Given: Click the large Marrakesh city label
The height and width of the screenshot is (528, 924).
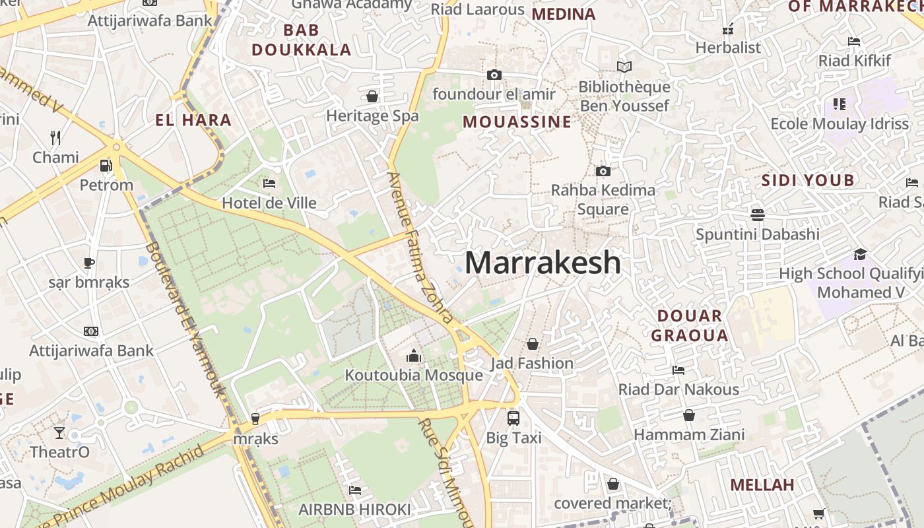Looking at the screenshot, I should pos(543,263).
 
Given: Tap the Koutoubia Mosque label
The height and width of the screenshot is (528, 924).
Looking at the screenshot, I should pos(414,376).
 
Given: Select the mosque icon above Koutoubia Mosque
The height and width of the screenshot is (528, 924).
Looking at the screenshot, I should pos(414,356).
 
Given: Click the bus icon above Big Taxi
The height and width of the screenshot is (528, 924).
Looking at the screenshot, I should pos(513,418).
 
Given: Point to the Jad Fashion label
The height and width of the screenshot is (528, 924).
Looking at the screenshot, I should pos(531,363).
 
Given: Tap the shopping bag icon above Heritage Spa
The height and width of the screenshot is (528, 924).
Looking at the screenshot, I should pos(372,96).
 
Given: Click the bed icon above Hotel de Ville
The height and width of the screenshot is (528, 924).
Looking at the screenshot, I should pos(269,183).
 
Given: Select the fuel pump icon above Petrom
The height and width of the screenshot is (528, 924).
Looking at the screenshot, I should pos(106,165).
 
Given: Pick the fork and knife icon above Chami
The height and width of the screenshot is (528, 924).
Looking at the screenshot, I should pos(55,137).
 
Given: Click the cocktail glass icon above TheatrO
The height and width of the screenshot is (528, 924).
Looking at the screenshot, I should pos(59,432).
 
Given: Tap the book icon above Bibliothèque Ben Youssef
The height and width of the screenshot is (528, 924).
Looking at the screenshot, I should pos(624,67).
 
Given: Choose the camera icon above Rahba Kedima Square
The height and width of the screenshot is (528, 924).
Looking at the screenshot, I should pos(603,171).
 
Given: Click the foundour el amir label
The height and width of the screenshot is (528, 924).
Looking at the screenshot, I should pos(494,94).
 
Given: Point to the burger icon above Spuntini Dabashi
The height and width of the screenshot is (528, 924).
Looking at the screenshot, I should pos(757,214).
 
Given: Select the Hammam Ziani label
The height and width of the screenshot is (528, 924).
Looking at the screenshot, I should pos(689,435).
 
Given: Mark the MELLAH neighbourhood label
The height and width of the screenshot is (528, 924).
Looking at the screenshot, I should pos(762,485).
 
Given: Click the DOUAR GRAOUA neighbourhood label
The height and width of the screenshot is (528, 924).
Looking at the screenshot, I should pos(690,325).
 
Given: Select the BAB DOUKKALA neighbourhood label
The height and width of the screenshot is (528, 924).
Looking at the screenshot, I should pos(302,40).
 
